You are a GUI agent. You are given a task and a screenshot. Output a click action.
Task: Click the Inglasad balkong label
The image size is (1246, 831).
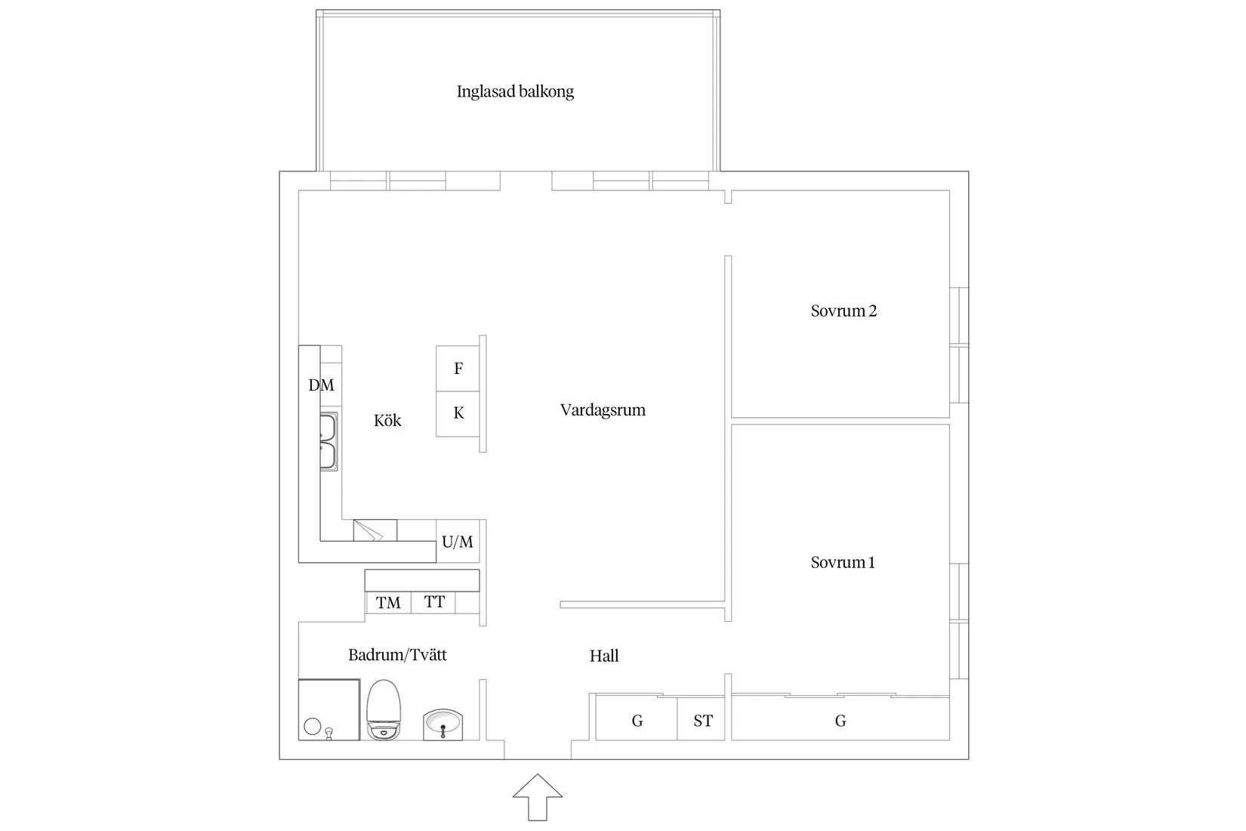click(515, 91)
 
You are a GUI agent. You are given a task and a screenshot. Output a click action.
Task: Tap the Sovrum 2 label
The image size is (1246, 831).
click(844, 310)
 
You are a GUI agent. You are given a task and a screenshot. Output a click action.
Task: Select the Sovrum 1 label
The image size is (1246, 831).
click(843, 562)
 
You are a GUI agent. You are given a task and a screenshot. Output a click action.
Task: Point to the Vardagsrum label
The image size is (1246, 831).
click(603, 410)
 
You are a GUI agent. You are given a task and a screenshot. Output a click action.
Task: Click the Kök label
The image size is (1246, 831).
click(387, 421)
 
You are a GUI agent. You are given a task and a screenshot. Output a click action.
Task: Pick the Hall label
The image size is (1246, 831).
click(604, 656)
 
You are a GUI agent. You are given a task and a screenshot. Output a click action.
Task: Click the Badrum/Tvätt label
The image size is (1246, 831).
click(397, 654)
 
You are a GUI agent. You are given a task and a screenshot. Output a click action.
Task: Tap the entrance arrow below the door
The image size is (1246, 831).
click(538, 796)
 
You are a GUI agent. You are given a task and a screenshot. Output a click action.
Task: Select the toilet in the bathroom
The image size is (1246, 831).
click(384, 709)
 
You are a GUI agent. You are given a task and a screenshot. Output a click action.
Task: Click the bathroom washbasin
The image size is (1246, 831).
click(443, 724)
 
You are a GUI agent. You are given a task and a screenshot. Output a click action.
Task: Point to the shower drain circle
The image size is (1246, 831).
click(312, 727)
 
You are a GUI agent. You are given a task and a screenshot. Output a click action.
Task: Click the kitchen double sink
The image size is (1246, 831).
click(328, 441)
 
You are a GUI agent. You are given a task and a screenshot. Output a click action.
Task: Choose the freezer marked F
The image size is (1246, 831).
click(458, 369)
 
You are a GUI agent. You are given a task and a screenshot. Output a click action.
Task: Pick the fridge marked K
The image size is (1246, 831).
click(458, 413)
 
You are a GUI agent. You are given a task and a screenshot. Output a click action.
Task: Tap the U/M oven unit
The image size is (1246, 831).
click(458, 542)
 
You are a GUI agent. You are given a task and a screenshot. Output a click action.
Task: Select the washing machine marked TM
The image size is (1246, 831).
click(388, 602)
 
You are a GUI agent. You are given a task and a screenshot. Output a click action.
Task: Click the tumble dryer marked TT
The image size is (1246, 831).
click(434, 602)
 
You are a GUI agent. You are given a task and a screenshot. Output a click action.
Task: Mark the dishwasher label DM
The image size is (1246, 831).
click(321, 385)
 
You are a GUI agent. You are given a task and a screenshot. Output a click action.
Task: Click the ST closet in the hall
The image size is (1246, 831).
click(702, 721)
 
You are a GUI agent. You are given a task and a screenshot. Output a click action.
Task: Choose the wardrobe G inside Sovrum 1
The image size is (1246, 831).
click(840, 721)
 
